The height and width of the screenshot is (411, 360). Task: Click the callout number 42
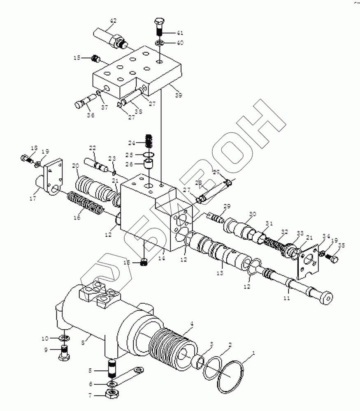(x=113, y=21)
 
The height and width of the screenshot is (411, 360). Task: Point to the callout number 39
(x=178, y=95)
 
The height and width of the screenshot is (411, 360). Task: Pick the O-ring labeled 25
(x=150, y=155)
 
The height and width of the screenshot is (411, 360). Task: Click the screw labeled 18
(x=26, y=157)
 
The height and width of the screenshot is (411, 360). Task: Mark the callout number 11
(x=287, y=298)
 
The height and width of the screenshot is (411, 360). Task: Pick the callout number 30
(x=253, y=214)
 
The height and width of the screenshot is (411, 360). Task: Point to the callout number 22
(x=93, y=148)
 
